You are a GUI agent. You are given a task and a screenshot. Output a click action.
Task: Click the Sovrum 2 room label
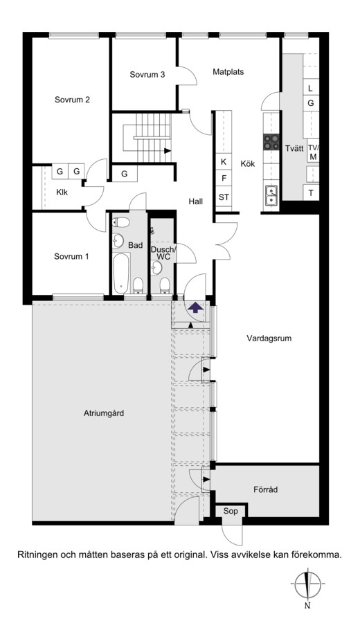pos(72,100)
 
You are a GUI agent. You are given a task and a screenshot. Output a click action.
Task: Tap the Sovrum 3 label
pos(147,74)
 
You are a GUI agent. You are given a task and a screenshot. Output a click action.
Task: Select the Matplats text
pos(228,71)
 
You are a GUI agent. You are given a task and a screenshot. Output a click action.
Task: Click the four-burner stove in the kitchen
pos(271,142)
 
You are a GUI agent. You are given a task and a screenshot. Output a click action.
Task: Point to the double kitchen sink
pos(271,195)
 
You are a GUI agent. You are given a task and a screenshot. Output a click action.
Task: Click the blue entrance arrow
pos(196,307)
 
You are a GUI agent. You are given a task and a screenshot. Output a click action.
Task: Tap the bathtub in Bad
pos(122,273)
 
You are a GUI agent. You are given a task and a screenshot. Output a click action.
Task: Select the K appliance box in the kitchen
pos(224,162)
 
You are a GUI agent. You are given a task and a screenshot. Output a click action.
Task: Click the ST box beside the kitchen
pos(224,197)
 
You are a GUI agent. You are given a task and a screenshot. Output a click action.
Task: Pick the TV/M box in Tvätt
pos(313,152)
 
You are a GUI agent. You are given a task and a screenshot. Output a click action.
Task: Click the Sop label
pos(231,511)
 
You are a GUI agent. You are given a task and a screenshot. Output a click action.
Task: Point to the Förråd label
pos(265,489)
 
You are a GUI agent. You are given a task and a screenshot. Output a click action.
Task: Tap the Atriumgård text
pos(104,413)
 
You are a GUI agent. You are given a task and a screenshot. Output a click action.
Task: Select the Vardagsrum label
pos(269,338)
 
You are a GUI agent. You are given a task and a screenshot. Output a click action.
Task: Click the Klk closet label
pos(62,192)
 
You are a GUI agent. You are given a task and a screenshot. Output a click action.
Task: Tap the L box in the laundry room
pos(311,88)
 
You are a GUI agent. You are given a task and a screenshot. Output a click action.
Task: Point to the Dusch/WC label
pos(163,253)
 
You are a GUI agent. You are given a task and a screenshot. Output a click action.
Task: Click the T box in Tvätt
pos(311,193)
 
